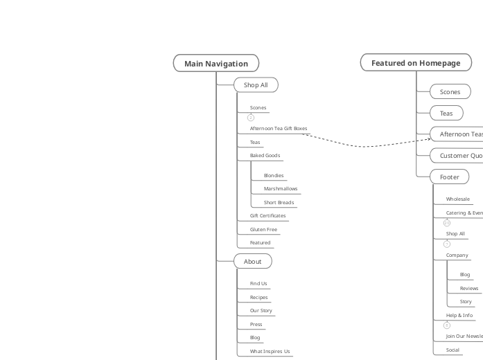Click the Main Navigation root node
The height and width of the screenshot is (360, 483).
[216, 64]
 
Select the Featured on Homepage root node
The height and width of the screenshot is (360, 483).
[415, 63]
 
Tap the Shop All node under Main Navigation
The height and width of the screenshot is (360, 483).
[256, 85]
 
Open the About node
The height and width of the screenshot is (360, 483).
[253, 262]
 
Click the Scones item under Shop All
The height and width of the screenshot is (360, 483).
[258, 108]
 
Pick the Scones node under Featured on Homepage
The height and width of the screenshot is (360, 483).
[450, 92]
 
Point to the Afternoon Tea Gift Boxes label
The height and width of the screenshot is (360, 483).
[278, 128]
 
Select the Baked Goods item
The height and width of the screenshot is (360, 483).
[265, 156]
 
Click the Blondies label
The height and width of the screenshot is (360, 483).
[274, 176]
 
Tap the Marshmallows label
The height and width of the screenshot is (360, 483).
[281, 189]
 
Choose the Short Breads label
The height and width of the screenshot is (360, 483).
[279, 203]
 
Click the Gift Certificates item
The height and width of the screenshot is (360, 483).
[267, 216]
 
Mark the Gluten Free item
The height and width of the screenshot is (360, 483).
[263, 230]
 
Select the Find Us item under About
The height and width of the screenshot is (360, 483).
[258, 284]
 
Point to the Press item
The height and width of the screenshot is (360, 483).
[256, 325]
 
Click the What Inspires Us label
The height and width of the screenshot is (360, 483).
[270, 352]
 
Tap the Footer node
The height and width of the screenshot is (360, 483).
[450, 177]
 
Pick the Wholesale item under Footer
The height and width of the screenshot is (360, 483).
[458, 199]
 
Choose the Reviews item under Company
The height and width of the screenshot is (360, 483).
[469, 288]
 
